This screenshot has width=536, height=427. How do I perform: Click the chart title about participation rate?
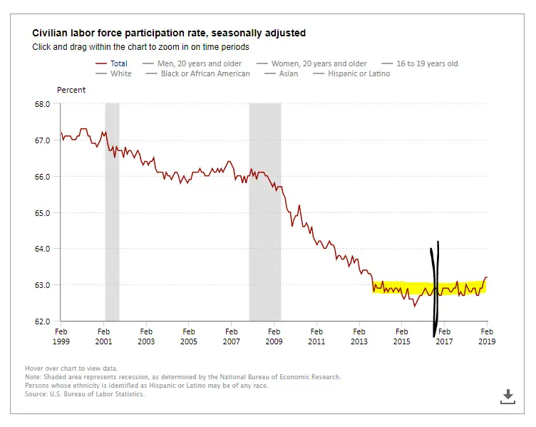coord(169,33)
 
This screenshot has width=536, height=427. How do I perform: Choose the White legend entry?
coord(120,73)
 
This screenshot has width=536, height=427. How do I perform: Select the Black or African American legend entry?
coord(205,73)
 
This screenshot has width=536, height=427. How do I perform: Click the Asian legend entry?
coord(289,73)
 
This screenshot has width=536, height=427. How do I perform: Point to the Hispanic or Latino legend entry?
coord(359,73)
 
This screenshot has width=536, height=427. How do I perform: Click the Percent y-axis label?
coord(71,90)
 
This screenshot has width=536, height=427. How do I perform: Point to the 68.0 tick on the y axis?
coord(42,103)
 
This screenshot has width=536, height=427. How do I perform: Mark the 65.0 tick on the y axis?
coord(42,212)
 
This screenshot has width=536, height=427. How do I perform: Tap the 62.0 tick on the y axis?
coord(42,321)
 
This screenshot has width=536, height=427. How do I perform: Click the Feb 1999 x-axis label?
coord(61,336)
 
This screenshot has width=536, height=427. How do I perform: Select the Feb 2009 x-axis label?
coord(274,336)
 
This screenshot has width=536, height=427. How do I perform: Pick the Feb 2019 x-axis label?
coord(487,336)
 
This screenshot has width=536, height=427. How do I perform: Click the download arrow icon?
coord(507,396)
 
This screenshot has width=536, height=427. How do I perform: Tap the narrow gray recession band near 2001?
coord(112,214)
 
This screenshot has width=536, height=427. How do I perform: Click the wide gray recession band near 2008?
coord(264,214)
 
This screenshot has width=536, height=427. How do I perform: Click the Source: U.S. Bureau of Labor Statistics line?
coord(85,394)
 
